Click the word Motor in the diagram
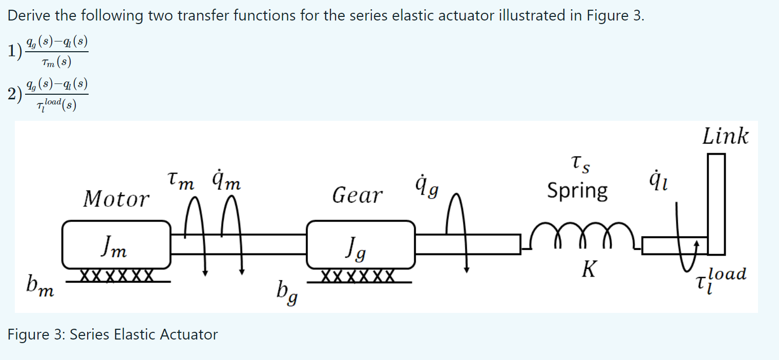tap(117, 199)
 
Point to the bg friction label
tap(288, 292)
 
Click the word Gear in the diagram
tap(357, 195)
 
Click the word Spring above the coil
tap(577, 191)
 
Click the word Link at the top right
tap(725, 137)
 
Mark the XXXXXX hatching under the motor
tap(116, 276)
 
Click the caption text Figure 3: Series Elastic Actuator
tap(113, 334)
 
